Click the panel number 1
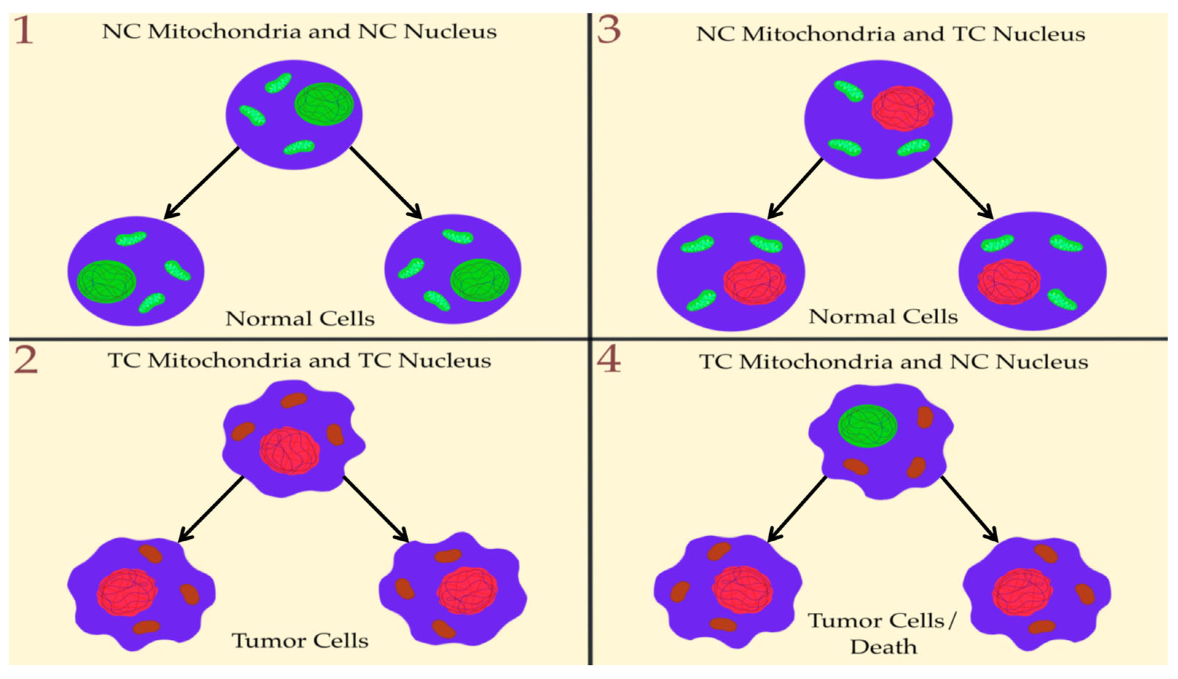(x=23, y=31)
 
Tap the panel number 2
(x=25, y=360)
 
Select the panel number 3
(x=609, y=30)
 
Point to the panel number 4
(x=609, y=360)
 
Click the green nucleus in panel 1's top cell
(x=324, y=104)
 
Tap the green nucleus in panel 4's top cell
(x=867, y=426)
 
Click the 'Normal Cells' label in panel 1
(x=300, y=319)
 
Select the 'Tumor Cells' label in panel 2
(x=300, y=641)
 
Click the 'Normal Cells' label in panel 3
(x=883, y=317)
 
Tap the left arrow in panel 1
(x=201, y=183)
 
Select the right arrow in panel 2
(x=376, y=509)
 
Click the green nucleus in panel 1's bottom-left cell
(x=106, y=281)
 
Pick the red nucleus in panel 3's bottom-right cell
(x=1009, y=282)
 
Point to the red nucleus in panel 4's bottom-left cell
(x=742, y=589)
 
